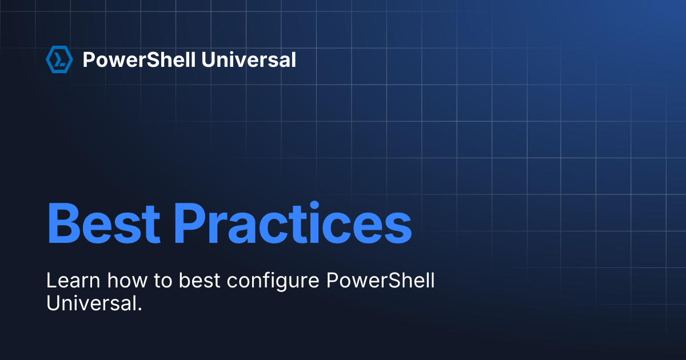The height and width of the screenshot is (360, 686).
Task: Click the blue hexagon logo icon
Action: pyautogui.click(x=59, y=59)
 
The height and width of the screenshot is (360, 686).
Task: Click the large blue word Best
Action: pyautogui.click(x=103, y=223)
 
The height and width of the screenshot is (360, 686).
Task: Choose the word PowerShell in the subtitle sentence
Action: pyautogui.click(x=381, y=281)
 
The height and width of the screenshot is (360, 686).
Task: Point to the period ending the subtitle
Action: pyautogui.click(x=139, y=309)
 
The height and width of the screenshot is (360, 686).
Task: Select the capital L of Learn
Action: pyautogui.click(x=51, y=281)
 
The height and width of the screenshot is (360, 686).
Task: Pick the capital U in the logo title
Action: pyautogui.click(x=210, y=59)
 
